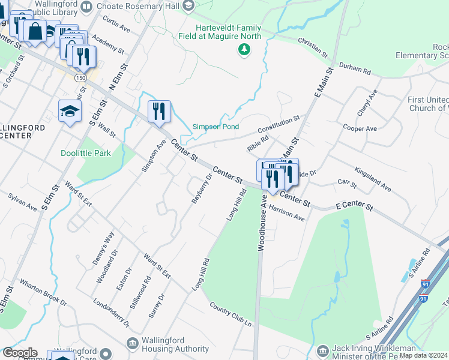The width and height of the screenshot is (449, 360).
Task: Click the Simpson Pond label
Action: [x=215, y=127]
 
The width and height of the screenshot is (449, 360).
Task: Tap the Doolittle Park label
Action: [x=86, y=153]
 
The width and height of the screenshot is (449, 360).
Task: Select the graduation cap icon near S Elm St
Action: [x=70, y=111]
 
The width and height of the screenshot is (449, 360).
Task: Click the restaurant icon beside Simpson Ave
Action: [x=159, y=112]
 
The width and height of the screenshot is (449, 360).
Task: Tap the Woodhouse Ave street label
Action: [x=262, y=221]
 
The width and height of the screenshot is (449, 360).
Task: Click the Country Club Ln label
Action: [x=230, y=314]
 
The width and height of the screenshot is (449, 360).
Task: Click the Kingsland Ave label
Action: [x=372, y=179]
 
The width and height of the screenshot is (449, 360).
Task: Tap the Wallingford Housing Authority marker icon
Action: [x=132, y=342]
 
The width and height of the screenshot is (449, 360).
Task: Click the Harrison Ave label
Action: [x=287, y=214]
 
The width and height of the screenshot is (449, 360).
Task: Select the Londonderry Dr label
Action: [x=111, y=313]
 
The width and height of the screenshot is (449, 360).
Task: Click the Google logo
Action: [x=19, y=353]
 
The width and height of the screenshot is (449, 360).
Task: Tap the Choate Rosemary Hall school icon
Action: [x=188, y=6]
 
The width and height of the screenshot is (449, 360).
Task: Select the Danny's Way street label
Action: [x=106, y=245]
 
